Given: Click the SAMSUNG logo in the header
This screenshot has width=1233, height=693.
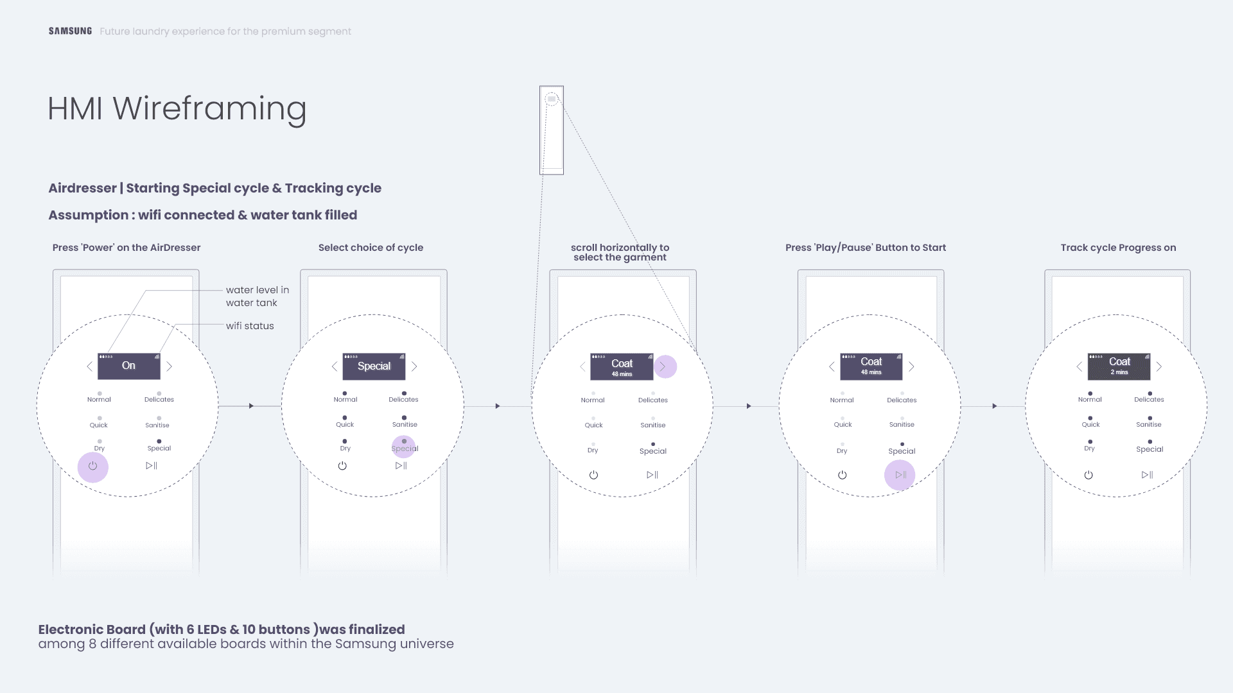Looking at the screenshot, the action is coord(70,31).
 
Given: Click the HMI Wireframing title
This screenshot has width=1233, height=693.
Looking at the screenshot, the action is coord(177,108).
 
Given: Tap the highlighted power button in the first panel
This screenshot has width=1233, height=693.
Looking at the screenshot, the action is coord(93,466).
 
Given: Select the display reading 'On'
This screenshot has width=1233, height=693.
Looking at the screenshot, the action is coord(128,366).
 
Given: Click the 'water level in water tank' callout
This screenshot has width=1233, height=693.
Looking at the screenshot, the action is coord(258,296).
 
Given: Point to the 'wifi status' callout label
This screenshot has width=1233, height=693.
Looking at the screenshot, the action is coord(250,326).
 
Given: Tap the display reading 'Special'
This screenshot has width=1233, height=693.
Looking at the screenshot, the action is coord(374,366).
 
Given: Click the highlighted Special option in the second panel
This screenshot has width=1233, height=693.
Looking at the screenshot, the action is coord(404,446).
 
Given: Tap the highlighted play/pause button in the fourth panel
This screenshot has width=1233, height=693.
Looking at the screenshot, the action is coord(900,475).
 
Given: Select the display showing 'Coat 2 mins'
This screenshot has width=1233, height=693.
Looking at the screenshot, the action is coord(1119,366).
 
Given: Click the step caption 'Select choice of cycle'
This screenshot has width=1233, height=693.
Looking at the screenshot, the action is coord(371,248).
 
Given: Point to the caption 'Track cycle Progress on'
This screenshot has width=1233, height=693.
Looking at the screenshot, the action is coord(1118,248).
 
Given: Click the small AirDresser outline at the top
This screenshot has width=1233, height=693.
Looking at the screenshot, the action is coord(552,130).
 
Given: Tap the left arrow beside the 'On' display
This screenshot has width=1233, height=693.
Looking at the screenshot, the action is coord(90,366).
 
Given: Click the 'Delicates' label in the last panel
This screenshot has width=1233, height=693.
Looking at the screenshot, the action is coord(1149,399).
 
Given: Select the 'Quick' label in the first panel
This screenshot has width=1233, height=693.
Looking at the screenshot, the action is coord(98,425).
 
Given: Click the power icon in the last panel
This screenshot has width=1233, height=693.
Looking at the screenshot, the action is coord(1089,475).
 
